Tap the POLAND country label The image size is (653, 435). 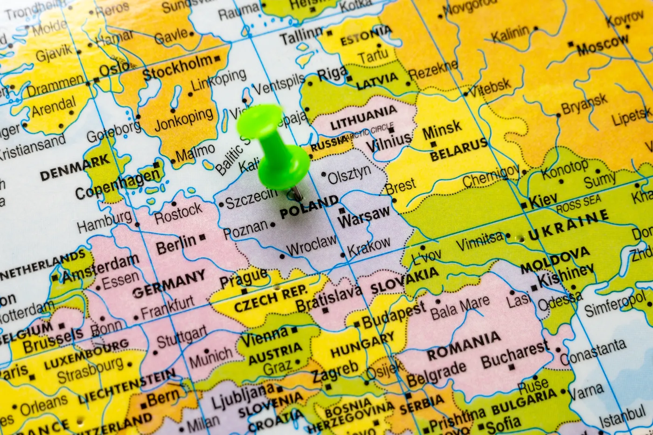(309, 207)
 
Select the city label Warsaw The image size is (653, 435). (365, 217)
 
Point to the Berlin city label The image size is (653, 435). (176, 244)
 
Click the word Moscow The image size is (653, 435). (603, 46)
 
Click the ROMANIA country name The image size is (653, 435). (464, 345)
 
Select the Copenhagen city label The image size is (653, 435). (117, 183)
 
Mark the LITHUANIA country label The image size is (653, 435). (363, 118)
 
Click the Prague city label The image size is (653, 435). (243, 279)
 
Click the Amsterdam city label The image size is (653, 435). (101, 269)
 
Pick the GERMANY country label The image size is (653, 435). (168, 284)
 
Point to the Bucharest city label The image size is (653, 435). (515, 355)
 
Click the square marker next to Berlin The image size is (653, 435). (202, 237)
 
